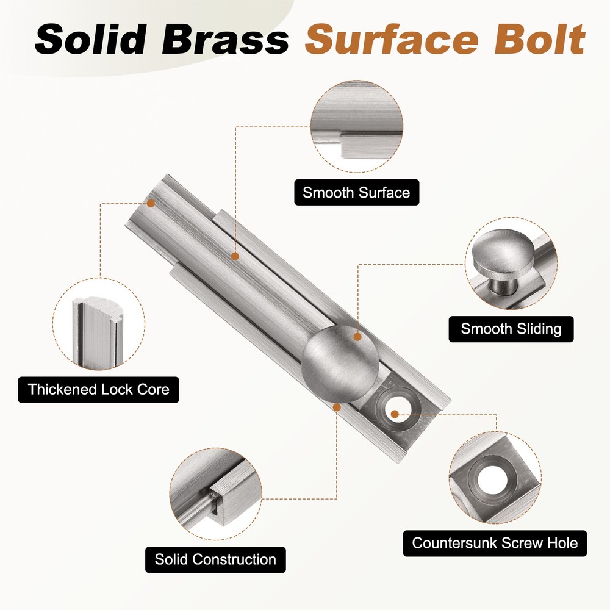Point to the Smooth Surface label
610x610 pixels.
click(356, 193)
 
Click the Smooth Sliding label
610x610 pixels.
click(511, 329)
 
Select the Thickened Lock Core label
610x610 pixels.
click(98, 389)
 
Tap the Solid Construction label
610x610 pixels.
click(215, 559)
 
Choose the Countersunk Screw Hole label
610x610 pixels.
click(495, 543)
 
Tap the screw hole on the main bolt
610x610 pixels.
click(395, 413)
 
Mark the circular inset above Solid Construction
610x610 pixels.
click(215, 494)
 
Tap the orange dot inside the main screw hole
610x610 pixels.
click(395, 414)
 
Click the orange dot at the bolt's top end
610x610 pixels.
click(151, 202)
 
